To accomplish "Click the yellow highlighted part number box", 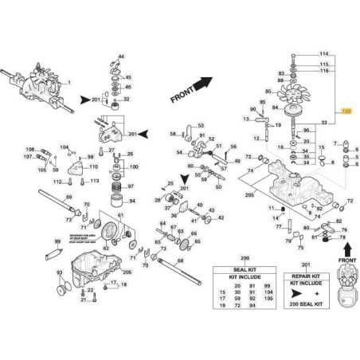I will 346,111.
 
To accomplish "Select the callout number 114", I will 323,52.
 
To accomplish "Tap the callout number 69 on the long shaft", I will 68,196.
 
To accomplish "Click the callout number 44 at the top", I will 120,57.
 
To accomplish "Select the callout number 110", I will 93,167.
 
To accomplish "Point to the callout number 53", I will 201,125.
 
